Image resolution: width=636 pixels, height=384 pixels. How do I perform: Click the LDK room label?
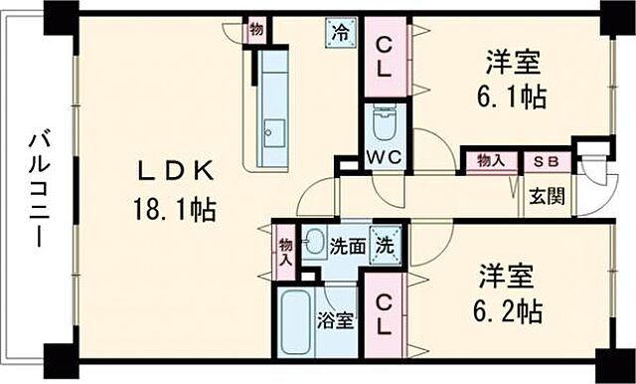pos(175,172)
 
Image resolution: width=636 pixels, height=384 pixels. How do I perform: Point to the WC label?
pos(382,159)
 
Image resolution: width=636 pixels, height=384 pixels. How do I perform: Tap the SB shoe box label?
pos(548,160)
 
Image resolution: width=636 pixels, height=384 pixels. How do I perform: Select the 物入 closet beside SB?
pos(490,160)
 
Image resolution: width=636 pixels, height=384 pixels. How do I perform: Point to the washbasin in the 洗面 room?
pos(312,240)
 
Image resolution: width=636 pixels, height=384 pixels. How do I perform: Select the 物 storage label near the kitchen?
pos(257,29)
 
